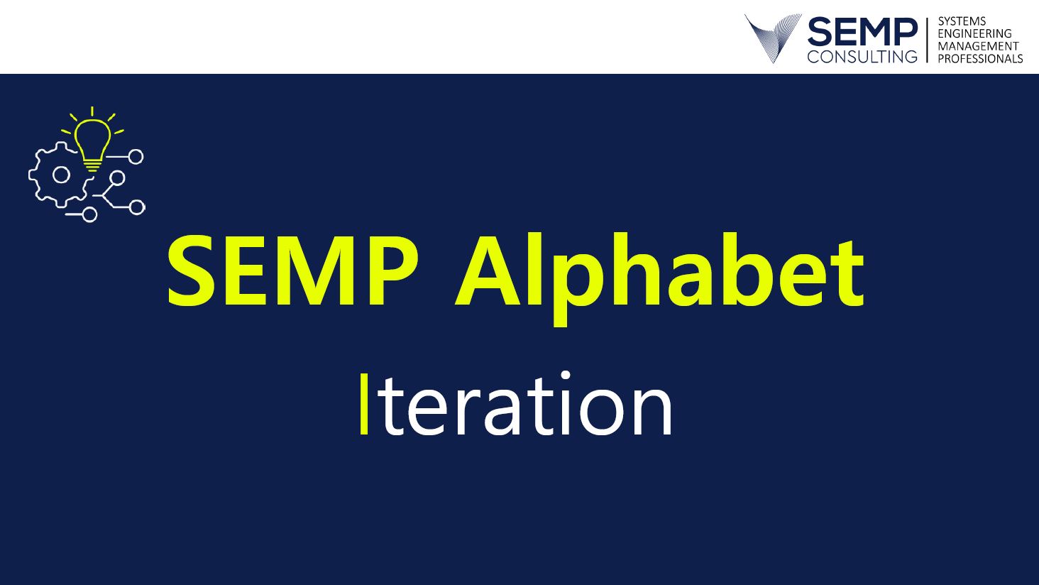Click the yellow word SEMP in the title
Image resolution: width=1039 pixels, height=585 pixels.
tap(293, 271)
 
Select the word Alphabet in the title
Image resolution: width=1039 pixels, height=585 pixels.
tap(659, 278)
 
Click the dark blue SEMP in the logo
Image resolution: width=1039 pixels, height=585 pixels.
tap(862, 32)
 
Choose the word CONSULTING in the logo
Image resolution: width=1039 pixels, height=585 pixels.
tap(862, 57)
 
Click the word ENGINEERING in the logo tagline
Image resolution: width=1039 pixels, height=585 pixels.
tap(974, 34)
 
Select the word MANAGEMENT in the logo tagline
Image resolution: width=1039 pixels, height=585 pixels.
tap(978, 46)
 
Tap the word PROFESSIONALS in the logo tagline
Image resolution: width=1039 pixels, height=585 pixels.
tap(980, 59)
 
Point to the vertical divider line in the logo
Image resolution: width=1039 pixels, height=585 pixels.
tap(927, 40)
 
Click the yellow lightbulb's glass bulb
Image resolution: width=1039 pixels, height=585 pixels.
tap(93, 139)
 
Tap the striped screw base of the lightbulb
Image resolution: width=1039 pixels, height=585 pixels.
tap(92, 165)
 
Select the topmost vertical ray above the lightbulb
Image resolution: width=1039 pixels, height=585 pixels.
tap(92, 111)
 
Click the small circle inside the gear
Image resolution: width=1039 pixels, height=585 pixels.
tap(61, 175)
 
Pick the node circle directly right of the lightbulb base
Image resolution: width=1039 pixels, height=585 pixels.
tap(136, 157)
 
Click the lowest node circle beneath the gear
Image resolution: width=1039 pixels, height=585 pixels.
tap(89, 214)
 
